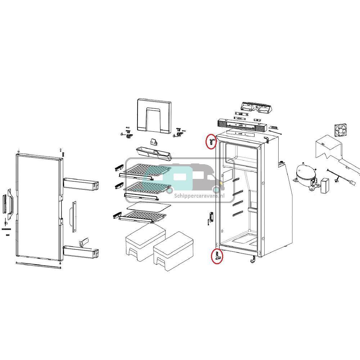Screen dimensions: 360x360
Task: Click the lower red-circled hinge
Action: point(217,256)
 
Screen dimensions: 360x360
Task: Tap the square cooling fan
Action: point(341,130)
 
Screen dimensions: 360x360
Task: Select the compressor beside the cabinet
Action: point(306,175)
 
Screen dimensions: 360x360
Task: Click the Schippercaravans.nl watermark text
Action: point(199,195)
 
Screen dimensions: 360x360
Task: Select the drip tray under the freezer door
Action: point(153,153)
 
